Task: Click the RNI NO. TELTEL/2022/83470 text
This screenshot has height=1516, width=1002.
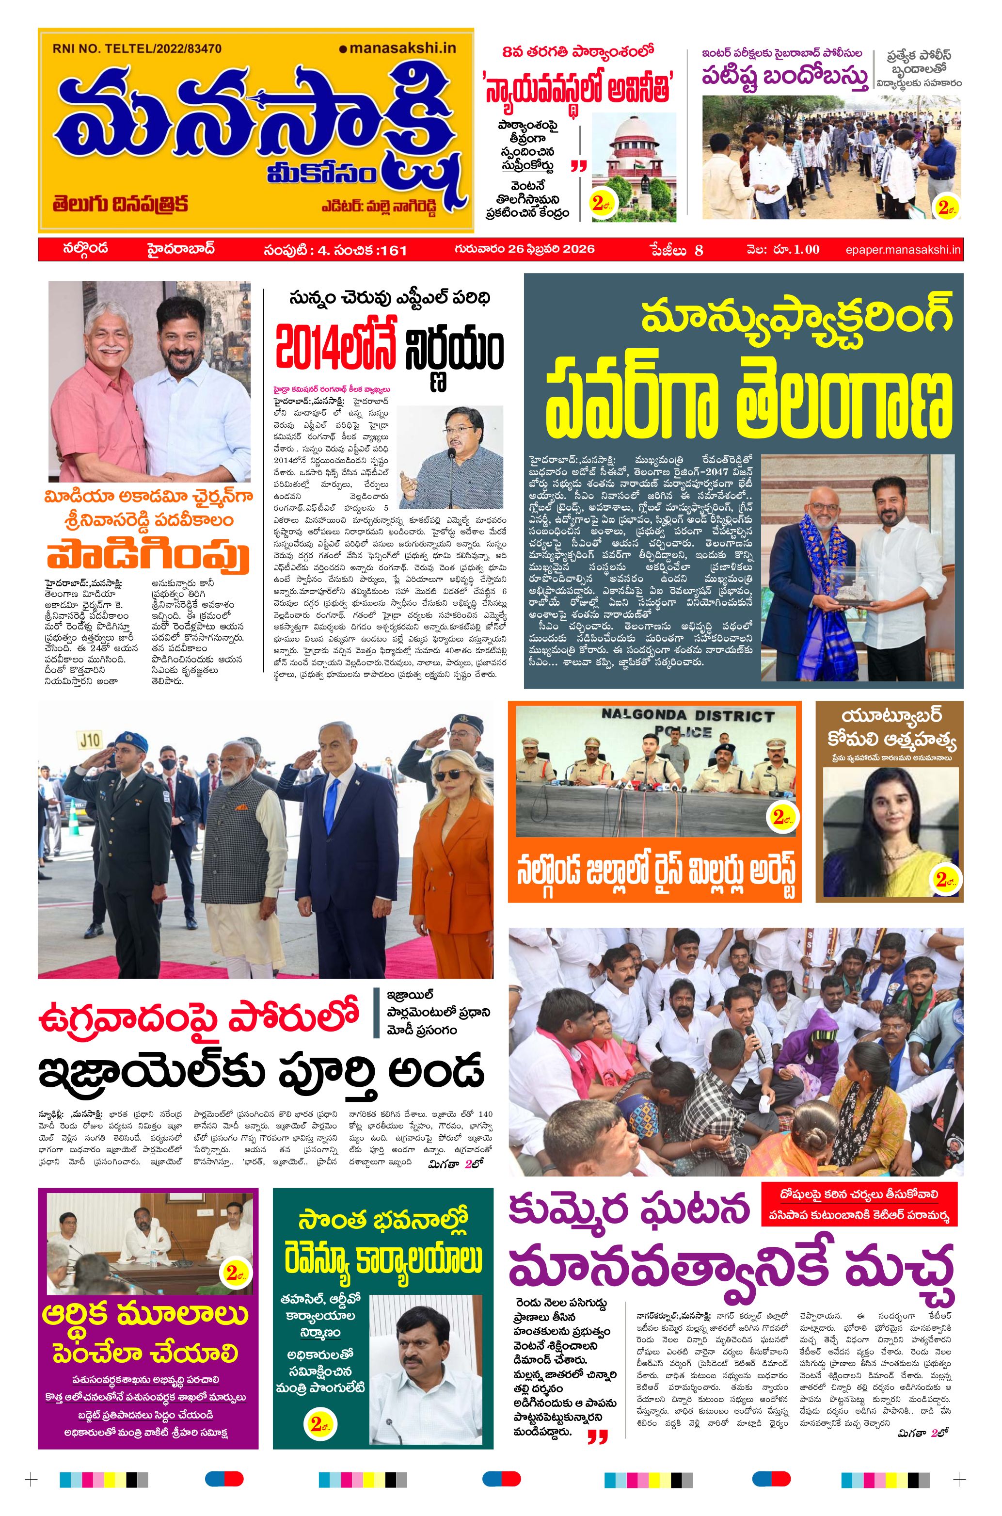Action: (x=137, y=48)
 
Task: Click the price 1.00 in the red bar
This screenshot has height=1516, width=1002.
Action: (x=807, y=249)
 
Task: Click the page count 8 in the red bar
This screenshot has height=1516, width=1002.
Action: (x=699, y=250)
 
